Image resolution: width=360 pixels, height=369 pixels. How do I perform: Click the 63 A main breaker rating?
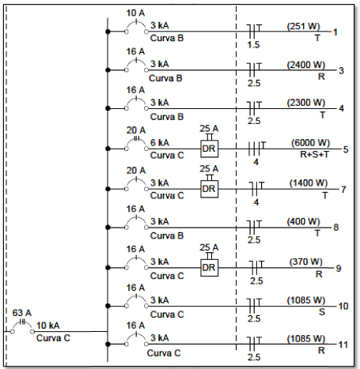[x=22, y=313]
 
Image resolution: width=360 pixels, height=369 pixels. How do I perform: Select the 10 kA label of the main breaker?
[x=47, y=326]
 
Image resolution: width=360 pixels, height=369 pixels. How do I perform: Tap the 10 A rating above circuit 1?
[x=135, y=13]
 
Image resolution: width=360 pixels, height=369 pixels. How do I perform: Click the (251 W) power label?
[x=303, y=26]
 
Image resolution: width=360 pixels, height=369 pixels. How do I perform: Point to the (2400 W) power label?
[x=306, y=65]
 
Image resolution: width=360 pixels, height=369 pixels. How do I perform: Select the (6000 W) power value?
[x=310, y=143]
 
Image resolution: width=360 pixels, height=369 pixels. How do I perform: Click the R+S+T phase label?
[x=315, y=154]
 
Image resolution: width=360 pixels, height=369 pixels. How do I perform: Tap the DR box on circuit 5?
[x=209, y=149]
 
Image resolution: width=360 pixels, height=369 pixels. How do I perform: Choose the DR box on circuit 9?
[x=209, y=268]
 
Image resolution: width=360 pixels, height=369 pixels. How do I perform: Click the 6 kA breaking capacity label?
[x=160, y=143]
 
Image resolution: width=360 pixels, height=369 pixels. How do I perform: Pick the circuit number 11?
[x=343, y=345]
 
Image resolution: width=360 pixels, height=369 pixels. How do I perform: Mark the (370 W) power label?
[x=306, y=262]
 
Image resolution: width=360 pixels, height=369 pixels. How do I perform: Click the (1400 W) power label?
[x=309, y=183]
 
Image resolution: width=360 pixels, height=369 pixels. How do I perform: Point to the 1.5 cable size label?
[x=253, y=45]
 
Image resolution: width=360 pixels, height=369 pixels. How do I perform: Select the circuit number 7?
[x=343, y=190]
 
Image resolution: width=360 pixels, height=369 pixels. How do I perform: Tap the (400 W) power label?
[x=303, y=221]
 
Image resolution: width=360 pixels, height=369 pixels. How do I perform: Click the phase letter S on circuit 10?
[x=322, y=312]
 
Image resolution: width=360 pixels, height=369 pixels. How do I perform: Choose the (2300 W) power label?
[x=306, y=103]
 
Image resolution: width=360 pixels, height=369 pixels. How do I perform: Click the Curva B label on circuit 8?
[x=167, y=235]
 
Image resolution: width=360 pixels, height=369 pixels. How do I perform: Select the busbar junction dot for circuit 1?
[x=108, y=32]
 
